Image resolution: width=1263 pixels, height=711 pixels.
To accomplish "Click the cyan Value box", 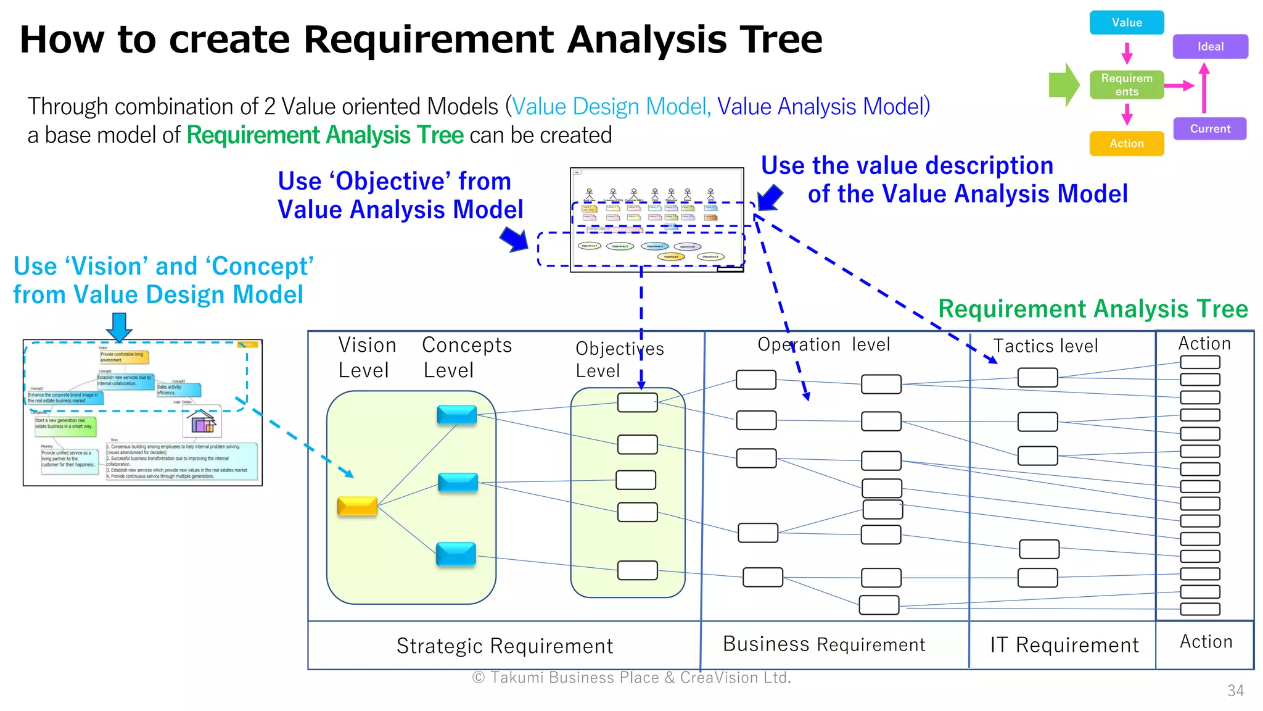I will pos(1126,23).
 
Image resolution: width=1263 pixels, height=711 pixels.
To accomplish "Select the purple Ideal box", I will pos(1210,47).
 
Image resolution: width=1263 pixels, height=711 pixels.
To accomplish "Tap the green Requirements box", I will pos(1126,85).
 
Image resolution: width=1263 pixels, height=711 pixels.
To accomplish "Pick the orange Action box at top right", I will pos(1126,144).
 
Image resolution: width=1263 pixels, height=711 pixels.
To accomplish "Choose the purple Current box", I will pos(1209,129).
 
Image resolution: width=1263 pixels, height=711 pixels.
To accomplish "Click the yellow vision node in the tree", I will pos(357,506).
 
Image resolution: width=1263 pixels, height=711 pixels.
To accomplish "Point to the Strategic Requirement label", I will pos(504,646).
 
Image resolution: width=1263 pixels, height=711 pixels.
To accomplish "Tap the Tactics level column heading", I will pos(1045,346).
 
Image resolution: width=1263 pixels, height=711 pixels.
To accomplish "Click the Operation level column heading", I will pos(823,344).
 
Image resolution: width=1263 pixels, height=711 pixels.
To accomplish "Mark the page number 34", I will pos(1235,691).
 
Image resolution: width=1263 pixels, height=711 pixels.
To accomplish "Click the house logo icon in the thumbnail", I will pos(203,424).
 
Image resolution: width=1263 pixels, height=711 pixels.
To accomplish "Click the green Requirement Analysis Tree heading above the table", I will pos(1092,309).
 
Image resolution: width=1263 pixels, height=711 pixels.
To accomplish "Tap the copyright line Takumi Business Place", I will pos(631,678).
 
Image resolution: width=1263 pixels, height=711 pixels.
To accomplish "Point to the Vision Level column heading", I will pos(366,357).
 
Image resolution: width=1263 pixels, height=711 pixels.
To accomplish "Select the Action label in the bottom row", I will pos(1206,642).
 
